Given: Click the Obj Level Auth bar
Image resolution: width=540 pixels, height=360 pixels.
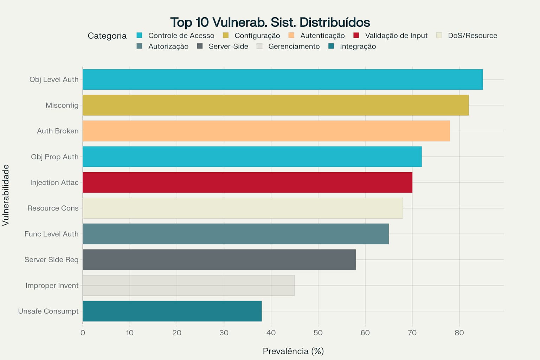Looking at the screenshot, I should (x=283, y=79).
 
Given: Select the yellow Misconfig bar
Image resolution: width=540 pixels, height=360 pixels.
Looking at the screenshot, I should (x=276, y=105).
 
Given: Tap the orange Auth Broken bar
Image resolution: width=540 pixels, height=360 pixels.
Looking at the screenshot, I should (x=266, y=131).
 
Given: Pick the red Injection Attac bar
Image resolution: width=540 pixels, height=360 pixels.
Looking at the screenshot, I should (x=247, y=182).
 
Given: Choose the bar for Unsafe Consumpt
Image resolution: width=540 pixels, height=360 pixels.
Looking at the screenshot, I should (x=172, y=311).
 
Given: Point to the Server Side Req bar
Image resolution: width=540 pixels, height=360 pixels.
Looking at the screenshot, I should (x=219, y=259).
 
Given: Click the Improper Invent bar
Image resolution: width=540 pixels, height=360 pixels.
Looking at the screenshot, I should (x=188, y=285).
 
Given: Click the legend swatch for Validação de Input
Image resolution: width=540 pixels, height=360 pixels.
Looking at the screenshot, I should (x=356, y=36).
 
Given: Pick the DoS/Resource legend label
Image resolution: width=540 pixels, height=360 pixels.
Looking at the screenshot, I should (x=472, y=36).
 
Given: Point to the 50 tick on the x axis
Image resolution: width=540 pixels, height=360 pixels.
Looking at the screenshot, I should (x=318, y=333).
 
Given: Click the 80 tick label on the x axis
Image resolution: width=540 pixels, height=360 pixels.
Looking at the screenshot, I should (x=459, y=333).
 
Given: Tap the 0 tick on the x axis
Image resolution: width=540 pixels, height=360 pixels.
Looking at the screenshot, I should (x=83, y=333).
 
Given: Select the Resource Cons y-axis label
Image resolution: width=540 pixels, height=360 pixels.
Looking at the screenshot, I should (x=53, y=208).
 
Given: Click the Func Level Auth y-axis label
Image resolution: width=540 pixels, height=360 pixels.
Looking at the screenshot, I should (x=51, y=234).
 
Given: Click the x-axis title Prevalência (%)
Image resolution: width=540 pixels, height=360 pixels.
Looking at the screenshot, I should (x=293, y=351).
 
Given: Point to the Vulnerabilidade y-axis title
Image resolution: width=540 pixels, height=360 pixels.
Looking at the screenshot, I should (x=6, y=195).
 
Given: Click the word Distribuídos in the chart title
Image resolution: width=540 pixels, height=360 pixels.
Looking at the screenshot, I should (x=335, y=22).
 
